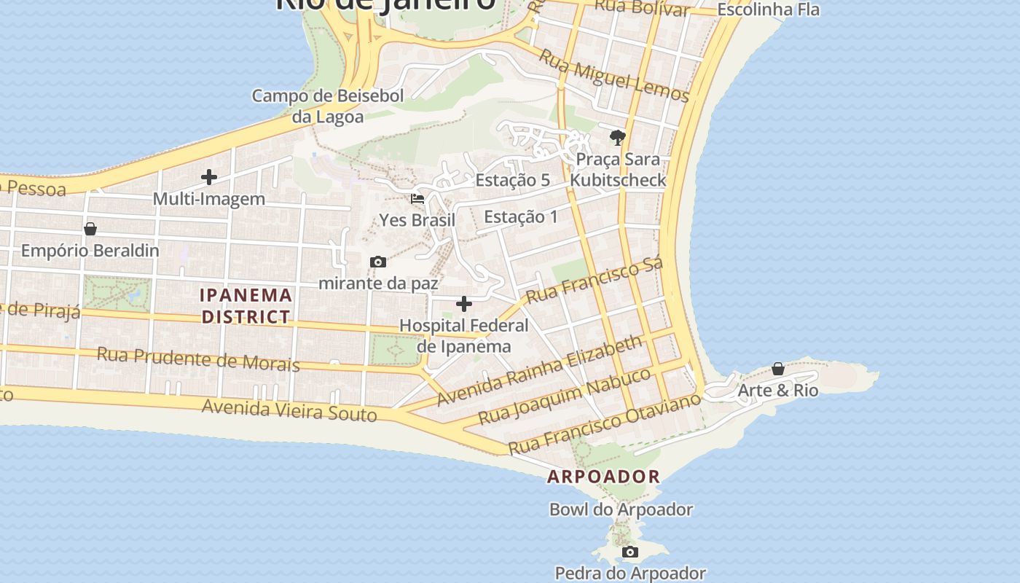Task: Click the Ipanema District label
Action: tap(246, 306)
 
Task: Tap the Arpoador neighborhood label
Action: tap(603, 477)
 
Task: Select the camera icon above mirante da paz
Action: tap(377, 262)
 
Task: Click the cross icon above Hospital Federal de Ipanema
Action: tap(464, 304)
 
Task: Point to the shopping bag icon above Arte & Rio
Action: tap(778, 369)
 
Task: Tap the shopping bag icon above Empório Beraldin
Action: tap(90, 230)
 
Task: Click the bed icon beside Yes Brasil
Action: tap(417, 199)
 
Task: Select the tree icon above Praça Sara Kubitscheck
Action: tap(618, 137)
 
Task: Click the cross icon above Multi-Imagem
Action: tap(209, 177)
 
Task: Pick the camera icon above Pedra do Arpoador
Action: tap(630, 552)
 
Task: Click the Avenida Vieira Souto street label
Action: tap(289, 410)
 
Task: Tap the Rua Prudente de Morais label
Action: tap(198, 359)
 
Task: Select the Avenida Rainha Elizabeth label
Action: tap(539, 370)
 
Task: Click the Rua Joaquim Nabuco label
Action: tap(565, 396)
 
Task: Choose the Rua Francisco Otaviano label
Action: tap(604, 423)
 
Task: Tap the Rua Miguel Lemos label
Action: tap(613, 76)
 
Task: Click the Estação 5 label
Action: tap(512, 180)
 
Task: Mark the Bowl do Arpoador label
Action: tap(621, 509)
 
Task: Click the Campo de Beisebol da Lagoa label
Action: tap(327, 106)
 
